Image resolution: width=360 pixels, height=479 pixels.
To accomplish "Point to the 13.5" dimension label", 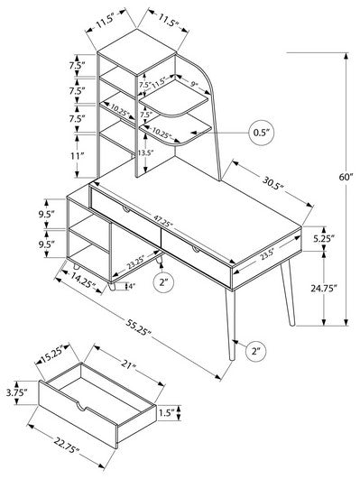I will point(144,152).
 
